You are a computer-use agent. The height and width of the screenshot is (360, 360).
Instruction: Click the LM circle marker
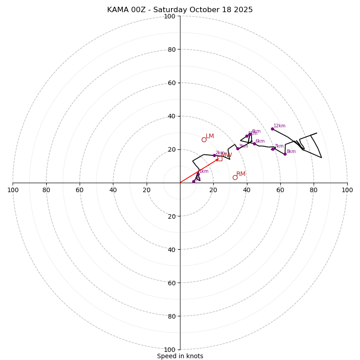[204, 140]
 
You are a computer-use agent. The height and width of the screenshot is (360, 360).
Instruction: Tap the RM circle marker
[235, 178]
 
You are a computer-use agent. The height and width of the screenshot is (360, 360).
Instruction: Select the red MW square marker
[220, 158]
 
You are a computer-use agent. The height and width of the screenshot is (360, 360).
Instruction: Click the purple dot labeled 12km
[272, 129]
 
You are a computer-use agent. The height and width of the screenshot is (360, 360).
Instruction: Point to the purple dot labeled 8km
[285, 154]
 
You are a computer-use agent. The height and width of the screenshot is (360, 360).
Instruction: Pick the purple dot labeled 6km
[254, 144]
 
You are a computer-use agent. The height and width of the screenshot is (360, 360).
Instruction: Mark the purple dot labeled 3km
[238, 148]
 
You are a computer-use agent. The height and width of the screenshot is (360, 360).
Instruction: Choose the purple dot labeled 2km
[214, 155]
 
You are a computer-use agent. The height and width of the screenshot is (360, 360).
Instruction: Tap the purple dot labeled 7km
[272, 149]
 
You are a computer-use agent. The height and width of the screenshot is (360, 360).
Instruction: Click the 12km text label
[279, 126]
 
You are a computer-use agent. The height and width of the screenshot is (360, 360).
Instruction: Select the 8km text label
[291, 152]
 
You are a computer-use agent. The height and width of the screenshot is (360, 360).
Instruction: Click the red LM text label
[210, 136]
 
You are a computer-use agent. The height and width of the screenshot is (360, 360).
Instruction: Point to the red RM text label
[241, 174]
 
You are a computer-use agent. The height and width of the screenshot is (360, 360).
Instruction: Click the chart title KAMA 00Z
[180, 10]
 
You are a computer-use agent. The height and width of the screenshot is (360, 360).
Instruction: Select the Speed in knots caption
[180, 356]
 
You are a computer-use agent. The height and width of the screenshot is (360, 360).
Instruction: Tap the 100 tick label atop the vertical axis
[170, 16]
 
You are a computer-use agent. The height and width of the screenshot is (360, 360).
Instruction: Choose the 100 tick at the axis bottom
[170, 350]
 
